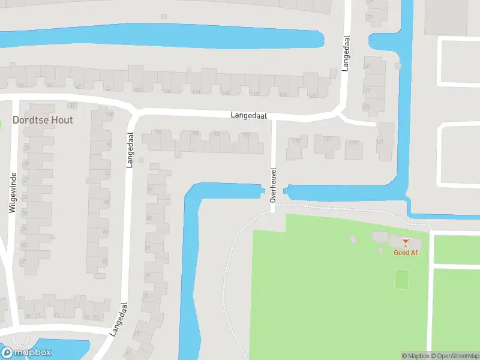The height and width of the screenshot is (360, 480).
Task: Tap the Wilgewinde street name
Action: coord(12,193)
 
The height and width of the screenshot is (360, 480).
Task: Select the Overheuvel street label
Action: coord(272,184)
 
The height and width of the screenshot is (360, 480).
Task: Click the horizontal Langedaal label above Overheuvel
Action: coord(249,115)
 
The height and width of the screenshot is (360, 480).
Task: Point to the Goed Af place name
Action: coord(406,253)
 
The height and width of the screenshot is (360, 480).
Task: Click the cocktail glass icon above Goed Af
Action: coord(406,243)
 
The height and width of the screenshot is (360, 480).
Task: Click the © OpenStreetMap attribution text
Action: coord(454,356)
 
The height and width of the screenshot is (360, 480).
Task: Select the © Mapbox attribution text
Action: coord(414,356)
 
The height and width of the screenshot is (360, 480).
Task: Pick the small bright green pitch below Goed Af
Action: coord(402,278)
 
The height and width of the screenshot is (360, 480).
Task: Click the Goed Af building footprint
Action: coord(406,244)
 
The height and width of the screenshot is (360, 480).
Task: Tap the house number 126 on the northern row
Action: coord(311,95)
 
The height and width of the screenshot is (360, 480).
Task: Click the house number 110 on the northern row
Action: coord(196,92)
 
